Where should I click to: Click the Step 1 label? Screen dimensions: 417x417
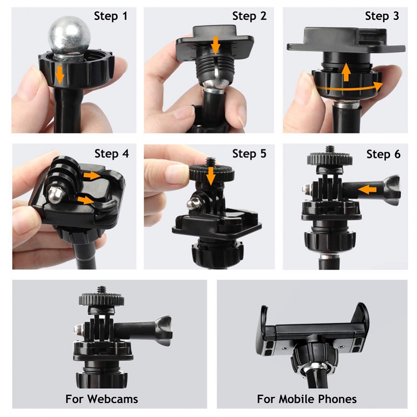click(x=111, y=16)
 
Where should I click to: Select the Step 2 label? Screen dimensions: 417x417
click(x=249, y=16)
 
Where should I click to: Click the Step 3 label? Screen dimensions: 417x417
click(x=382, y=16)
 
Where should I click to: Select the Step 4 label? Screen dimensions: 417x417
click(x=112, y=153)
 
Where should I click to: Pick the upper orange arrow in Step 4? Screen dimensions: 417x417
click(x=91, y=176)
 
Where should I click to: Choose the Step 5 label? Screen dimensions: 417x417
click(x=249, y=153)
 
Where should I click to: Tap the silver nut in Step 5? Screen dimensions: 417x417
click(x=192, y=205)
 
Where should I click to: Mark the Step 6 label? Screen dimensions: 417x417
click(x=383, y=154)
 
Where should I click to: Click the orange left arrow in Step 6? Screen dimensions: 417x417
click(x=369, y=190)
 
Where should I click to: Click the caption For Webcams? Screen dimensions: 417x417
click(x=102, y=399)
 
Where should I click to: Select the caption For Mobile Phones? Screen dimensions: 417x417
click(x=306, y=399)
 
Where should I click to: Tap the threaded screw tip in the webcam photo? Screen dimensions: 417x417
click(x=102, y=289)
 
